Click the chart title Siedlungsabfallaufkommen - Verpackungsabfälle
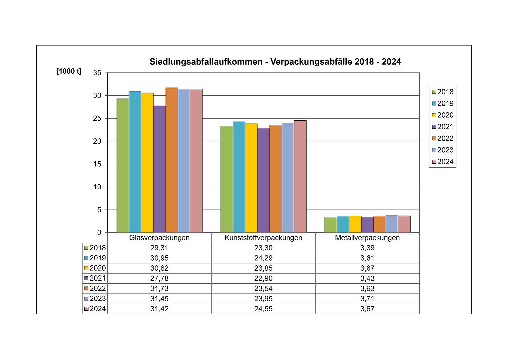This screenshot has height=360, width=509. click(x=275, y=62)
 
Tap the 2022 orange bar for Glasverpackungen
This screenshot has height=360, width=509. click(x=172, y=160)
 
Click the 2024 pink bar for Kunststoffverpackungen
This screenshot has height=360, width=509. click(x=300, y=176)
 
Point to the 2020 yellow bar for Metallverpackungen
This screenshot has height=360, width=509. click(x=355, y=224)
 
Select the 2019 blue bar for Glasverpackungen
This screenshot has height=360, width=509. click(x=135, y=162)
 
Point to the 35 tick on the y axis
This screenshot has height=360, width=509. click(x=97, y=73)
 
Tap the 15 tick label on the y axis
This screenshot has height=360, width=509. click(x=97, y=164)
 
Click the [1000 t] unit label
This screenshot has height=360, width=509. click(x=69, y=71)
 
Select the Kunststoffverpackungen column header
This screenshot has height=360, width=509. click(x=263, y=238)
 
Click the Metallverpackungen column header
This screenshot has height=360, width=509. click(x=367, y=238)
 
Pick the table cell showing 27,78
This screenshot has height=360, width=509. click(x=159, y=278)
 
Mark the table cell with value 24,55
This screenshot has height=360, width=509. click(x=263, y=309)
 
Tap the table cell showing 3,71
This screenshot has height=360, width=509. click(x=367, y=299)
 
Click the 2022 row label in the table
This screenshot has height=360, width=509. click(x=95, y=288)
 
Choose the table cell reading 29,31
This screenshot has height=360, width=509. click(x=159, y=248)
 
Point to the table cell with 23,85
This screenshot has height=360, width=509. click(x=263, y=268)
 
